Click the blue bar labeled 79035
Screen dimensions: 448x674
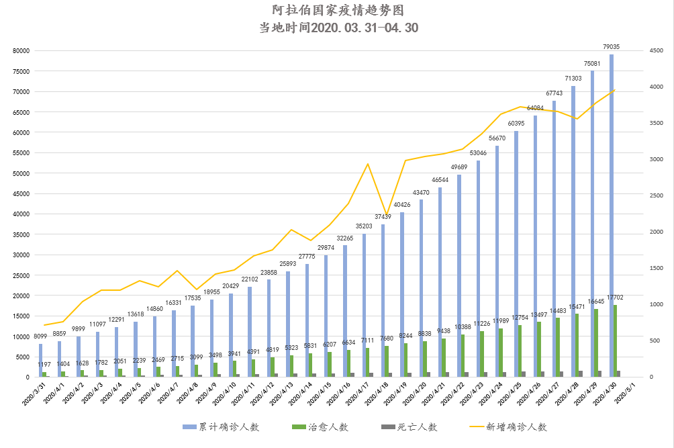[612, 215]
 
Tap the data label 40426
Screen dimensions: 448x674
[402, 205]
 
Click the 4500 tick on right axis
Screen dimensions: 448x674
[656, 50]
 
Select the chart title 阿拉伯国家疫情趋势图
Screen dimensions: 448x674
[338, 11]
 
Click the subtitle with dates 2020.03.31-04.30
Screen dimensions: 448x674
[338, 28]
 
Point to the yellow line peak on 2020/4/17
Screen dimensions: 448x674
[367, 164]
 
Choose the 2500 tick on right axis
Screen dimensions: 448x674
[656, 195]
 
